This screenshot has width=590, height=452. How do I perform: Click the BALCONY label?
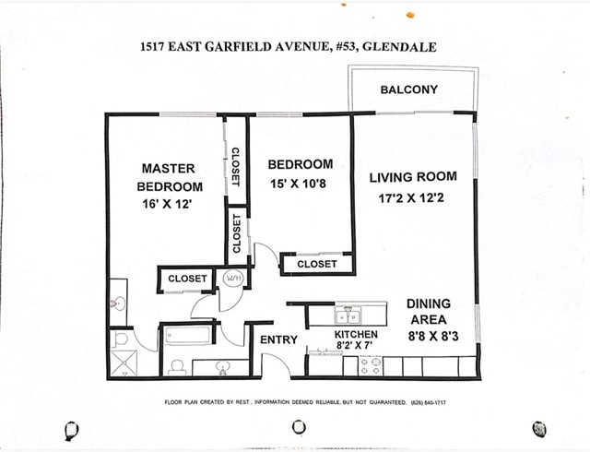tap(408, 89)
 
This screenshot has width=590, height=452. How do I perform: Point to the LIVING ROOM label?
tap(413, 177)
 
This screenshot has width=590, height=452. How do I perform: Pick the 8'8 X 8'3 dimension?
tap(429, 337)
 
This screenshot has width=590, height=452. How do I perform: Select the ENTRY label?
tap(278, 339)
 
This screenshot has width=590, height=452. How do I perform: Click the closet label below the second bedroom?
tap(316, 265)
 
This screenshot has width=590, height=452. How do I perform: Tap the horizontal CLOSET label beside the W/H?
tap(187, 277)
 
